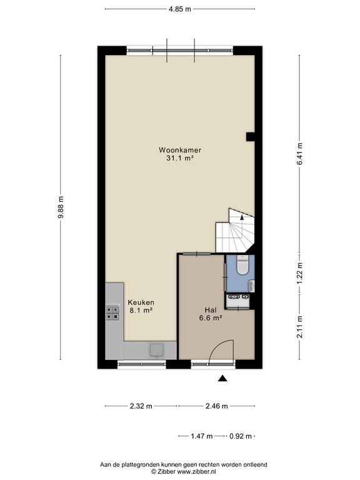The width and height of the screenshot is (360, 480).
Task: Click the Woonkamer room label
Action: click(x=180, y=150)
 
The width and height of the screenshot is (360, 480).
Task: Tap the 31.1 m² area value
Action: click(x=180, y=158)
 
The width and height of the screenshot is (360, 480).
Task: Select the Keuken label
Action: click(x=141, y=302)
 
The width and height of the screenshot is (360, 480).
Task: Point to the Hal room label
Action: click(x=211, y=310)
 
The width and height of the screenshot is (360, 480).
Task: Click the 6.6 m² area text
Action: click(x=211, y=318)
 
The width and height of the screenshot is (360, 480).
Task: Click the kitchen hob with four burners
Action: click(x=112, y=312)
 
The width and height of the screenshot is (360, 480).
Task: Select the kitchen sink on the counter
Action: click(x=156, y=351)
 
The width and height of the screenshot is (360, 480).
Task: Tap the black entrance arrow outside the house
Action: click(x=222, y=379)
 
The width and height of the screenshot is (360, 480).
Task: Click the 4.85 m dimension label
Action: click(x=180, y=9)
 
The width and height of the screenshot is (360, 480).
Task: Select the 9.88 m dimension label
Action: click(x=61, y=207)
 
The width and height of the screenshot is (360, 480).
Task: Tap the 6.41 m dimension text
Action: click(x=300, y=154)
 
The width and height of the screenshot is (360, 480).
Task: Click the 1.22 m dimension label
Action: click(x=300, y=273)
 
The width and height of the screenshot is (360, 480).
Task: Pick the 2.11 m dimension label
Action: click(x=300, y=327)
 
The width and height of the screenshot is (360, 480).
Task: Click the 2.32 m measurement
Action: click(x=141, y=406)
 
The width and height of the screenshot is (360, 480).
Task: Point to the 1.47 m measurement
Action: click(x=202, y=436)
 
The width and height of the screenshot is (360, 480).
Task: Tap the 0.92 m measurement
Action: click(x=241, y=436)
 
